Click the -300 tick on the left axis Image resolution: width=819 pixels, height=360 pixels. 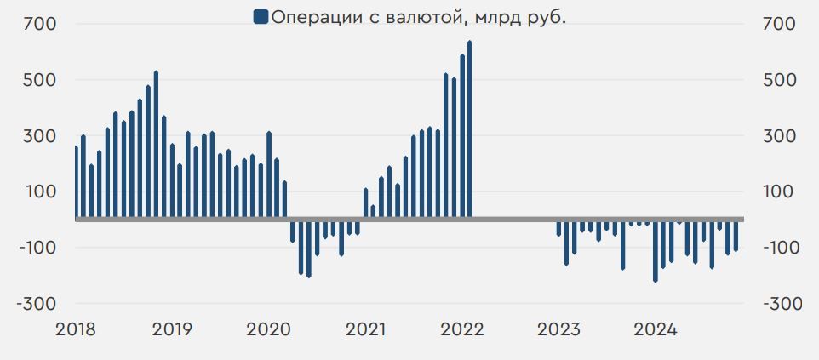pos(34,304)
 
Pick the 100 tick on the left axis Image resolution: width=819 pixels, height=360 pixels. pos(39,191)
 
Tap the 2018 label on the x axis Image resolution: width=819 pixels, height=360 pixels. pos(76,329)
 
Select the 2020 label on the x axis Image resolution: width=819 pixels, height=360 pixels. pos(268,329)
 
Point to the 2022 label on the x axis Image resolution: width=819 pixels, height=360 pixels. pos(461,329)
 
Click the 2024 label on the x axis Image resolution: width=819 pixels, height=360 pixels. pos(655,329)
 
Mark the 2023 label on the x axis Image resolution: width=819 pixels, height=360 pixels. pos(558,329)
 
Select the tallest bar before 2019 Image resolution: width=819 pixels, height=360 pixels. pos(156,145)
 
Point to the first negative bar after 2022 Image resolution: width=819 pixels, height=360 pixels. pos(558,227)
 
